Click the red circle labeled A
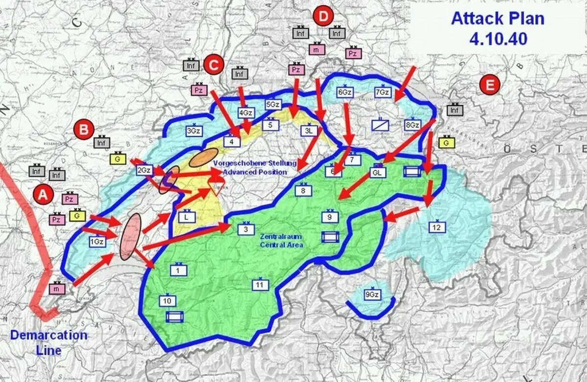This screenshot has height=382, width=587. pos(44,195)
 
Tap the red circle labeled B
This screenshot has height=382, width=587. pos(84,130)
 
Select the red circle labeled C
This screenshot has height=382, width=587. pos(214,65)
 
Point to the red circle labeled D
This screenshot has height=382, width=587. pos(323,17)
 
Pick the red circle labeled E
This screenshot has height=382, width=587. pos(490,86)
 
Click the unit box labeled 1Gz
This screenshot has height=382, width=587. pos(97,241)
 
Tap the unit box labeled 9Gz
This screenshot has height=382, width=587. pos(372,295)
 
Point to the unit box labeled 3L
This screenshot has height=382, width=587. pos(308,131)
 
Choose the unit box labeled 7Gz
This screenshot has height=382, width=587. pos(383,92)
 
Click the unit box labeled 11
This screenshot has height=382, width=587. pos(260,285)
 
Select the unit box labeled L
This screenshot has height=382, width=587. pos(186,216)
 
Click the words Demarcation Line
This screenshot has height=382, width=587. pos(49,342)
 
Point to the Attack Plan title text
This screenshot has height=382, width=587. pos(497,19)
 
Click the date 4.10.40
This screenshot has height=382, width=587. pos(498,39)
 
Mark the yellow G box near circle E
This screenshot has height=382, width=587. pos(446,143)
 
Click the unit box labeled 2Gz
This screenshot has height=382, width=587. pos(144,170)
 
